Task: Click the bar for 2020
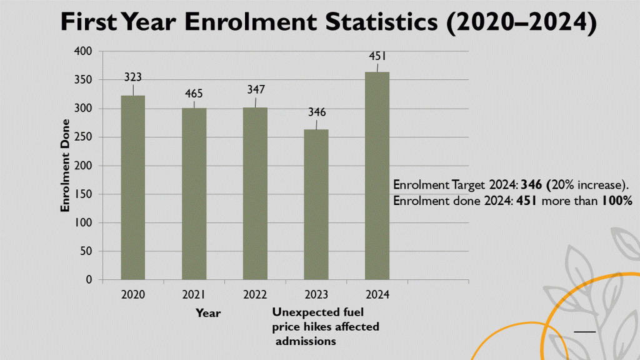[133, 187]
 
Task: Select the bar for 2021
[194, 194]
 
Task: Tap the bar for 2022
[255, 194]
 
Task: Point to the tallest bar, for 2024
[377, 176]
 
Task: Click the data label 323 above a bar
[132, 78]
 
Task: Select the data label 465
[194, 94]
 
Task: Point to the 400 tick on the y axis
[82, 51]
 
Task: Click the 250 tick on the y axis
[82, 137]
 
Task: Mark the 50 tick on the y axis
[85, 251]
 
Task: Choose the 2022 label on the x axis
[255, 294]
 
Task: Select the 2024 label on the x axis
[377, 294]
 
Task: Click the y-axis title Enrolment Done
[65, 165]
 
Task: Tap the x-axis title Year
[208, 312]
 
